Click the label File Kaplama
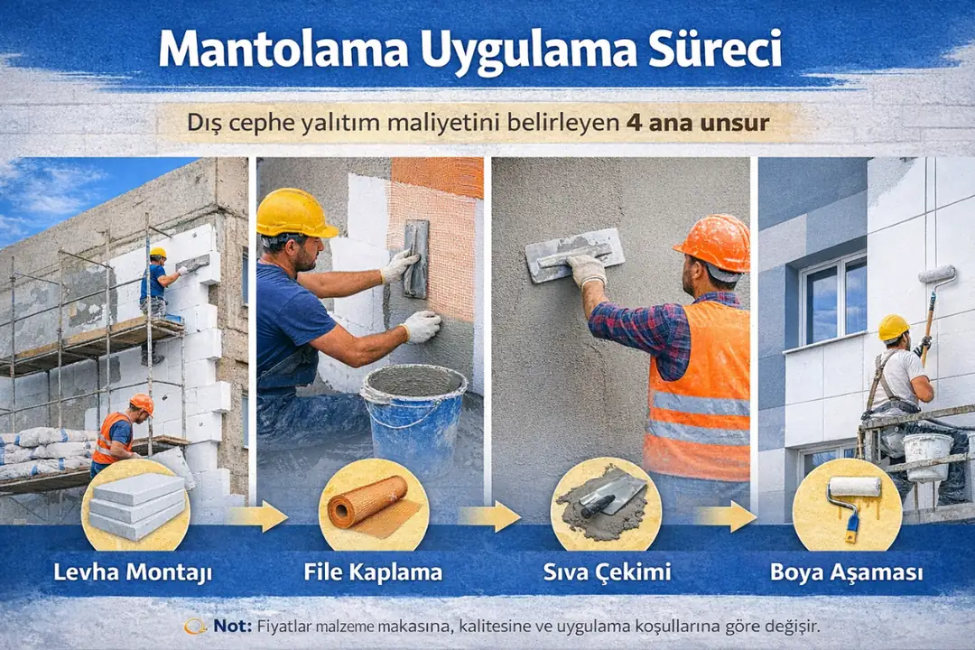(373, 571)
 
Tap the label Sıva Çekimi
(606, 571)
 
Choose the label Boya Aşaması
(847, 571)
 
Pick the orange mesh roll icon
(373, 504)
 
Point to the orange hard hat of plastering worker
(713, 241)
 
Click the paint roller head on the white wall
(938, 274)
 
